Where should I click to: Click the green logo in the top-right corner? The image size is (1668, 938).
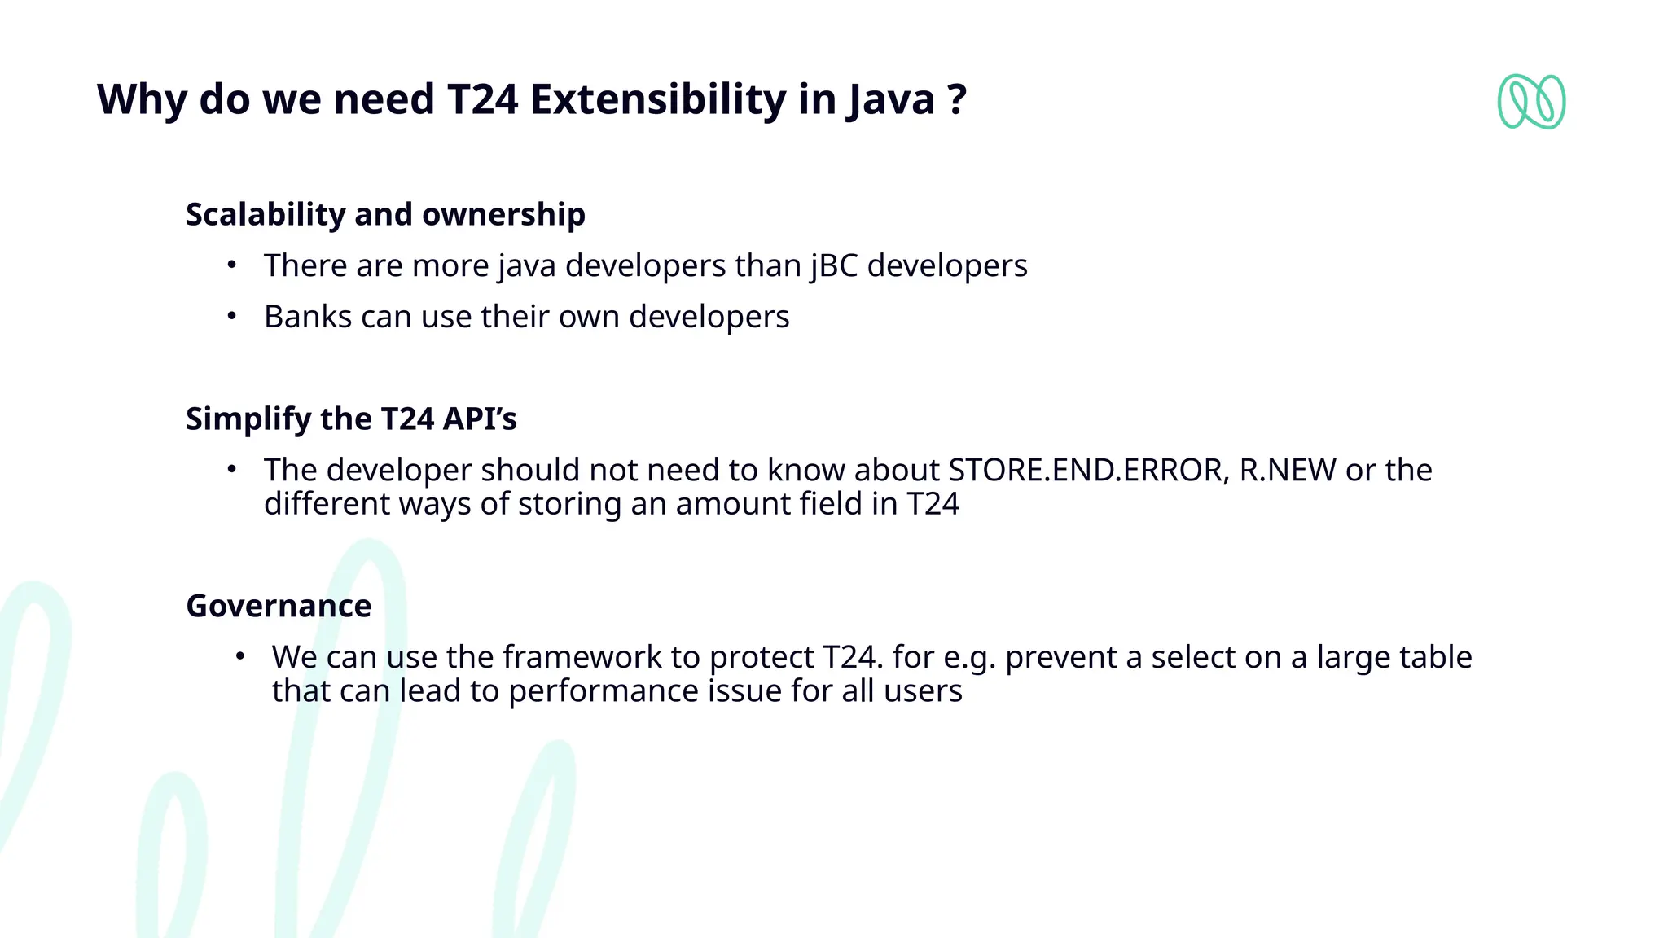pos(1531,102)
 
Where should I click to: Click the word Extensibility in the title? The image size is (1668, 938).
pos(658,99)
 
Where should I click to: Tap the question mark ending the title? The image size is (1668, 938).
pos(957,99)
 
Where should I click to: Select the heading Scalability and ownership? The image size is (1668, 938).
pos(385,214)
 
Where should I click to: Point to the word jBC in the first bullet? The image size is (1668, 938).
pos(834,266)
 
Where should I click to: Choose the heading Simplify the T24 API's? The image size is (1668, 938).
pos(351,419)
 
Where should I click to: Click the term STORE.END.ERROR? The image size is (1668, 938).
pos(1089,470)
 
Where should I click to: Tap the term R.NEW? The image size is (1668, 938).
pos(1288,470)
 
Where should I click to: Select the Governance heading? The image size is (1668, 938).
pos(279,606)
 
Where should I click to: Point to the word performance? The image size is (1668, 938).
pos(603,691)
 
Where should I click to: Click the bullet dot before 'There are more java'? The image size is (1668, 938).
pos(232,265)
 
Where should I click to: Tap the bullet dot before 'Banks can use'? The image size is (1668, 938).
pos(232,316)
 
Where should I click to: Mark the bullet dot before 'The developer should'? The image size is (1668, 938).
pos(232,469)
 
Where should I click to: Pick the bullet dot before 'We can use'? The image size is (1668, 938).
pos(239,656)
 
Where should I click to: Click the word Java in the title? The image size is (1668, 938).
pos(891,99)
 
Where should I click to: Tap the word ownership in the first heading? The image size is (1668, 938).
pos(503,214)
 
